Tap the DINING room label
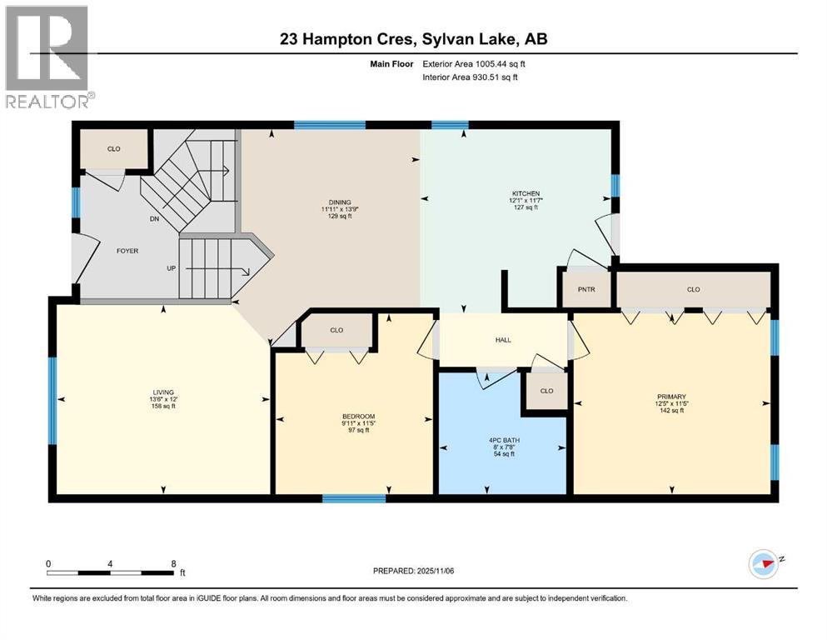(340, 202)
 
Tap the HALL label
(502, 340)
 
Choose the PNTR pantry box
(585, 289)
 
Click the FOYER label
(127, 250)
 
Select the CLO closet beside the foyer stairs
(113, 149)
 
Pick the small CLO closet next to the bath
(546, 390)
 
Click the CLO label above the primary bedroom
(693, 290)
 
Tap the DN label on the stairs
(153, 220)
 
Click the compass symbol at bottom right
(764, 565)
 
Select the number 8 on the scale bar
(172, 563)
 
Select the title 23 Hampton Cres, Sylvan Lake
(413, 39)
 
